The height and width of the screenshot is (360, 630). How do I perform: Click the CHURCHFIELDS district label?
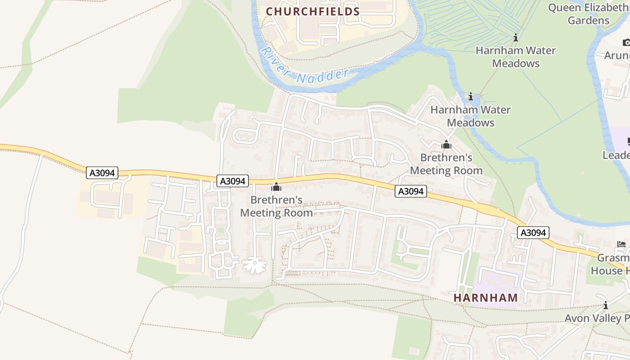pyautogui.click(x=313, y=12)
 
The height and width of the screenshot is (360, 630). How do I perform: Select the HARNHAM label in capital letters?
pyautogui.click(x=486, y=297)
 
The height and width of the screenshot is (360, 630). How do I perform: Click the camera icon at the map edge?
pyautogui.click(x=626, y=42)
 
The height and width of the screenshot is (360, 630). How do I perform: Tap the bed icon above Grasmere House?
pyautogui.click(x=621, y=245)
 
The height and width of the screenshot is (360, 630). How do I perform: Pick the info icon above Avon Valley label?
pyautogui.click(x=606, y=306)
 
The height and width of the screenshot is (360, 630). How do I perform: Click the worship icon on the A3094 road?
pyautogui.click(x=276, y=187)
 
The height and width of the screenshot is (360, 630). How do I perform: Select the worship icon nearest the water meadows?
pyautogui.click(x=446, y=145)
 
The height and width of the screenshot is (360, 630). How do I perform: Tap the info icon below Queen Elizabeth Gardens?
pyautogui.click(x=516, y=38)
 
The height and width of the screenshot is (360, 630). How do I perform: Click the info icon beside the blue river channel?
pyautogui.click(x=471, y=97)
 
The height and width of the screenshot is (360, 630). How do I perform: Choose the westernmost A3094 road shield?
pyautogui.click(x=102, y=173)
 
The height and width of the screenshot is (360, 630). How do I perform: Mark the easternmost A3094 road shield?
pyautogui.click(x=533, y=233)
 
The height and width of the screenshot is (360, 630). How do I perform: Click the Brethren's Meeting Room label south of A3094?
pyautogui.click(x=276, y=206)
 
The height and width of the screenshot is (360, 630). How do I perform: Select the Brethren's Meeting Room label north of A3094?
pyautogui.click(x=446, y=164)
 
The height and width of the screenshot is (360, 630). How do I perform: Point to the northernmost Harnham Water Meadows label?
pyautogui.click(x=516, y=57)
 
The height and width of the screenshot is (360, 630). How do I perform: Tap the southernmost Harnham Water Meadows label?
pyautogui.click(x=471, y=116)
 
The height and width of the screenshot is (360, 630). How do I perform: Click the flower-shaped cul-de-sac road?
pyautogui.click(x=254, y=265)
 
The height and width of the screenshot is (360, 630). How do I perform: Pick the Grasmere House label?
pyautogui.click(x=610, y=265)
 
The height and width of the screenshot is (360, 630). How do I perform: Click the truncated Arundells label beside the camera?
pyautogui.click(x=617, y=55)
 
